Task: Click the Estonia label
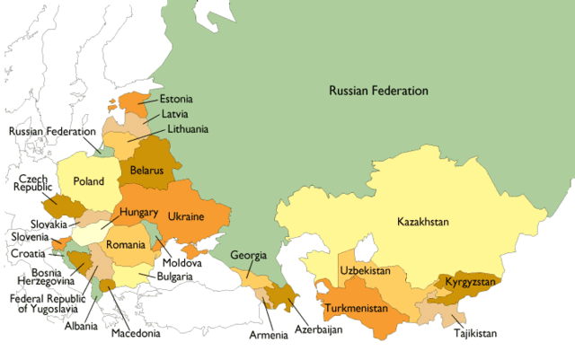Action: [176, 99]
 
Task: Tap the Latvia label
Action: [174, 114]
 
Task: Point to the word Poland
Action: [89, 180]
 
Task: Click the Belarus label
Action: [146, 170]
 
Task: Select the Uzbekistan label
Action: [365, 270]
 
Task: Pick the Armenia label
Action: [270, 336]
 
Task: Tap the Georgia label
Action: [248, 255]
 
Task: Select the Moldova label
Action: [182, 263]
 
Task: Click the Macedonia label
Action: [136, 334]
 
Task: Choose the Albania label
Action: [81, 326]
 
